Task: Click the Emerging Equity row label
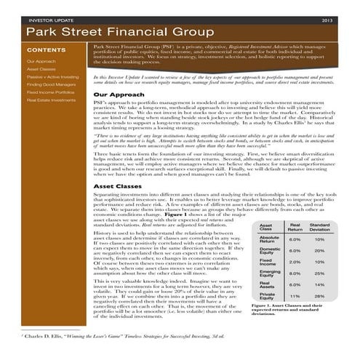(270, 273)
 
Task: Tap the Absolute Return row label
(270, 239)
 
